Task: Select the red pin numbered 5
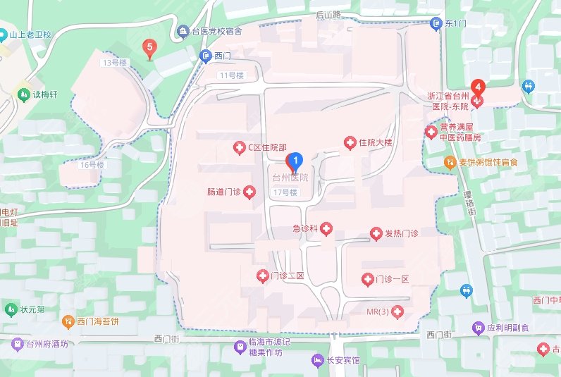[149, 49]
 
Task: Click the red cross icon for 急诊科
[327, 230]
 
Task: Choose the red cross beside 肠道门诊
[249, 192]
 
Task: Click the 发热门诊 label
[401, 233]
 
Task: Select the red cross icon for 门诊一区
[367, 280]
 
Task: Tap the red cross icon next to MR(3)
[397, 311]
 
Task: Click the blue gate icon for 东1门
[435, 23]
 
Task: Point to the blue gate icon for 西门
[205, 56]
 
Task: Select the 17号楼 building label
[286, 192]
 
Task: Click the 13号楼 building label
[113, 63]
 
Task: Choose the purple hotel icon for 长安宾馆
[316, 361]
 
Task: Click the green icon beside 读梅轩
[24, 94]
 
